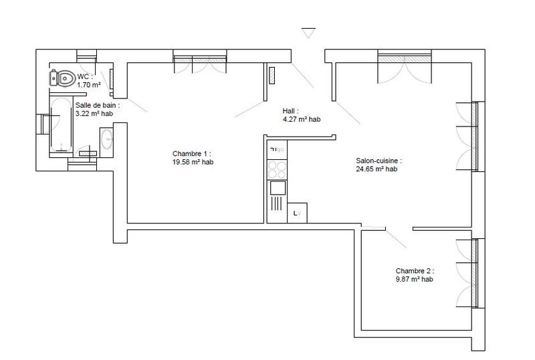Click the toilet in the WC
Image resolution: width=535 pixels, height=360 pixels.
[62, 80]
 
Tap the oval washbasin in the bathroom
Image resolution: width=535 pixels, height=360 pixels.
[106, 141]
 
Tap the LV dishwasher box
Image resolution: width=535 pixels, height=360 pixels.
[296, 213]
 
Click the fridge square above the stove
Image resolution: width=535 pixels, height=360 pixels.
[277, 149]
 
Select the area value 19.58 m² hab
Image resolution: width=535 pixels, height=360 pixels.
[193, 162]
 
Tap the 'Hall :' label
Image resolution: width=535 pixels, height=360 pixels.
[291, 112]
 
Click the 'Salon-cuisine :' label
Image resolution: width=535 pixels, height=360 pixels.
[379, 161]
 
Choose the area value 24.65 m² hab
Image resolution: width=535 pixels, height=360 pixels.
[377, 169]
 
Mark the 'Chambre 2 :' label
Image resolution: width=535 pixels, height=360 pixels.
[414, 272]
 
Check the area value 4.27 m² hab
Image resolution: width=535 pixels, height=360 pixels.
[302, 120]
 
